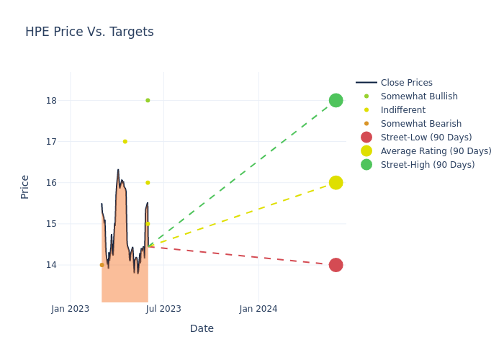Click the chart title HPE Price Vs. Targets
point(89,32)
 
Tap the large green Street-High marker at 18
point(336,100)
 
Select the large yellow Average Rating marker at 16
point(336,183)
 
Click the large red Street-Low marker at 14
point(336,265)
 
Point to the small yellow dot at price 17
point(125,141)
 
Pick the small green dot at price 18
point(148,100)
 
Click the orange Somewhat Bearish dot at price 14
point(102,265)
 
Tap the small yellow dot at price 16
point(148,183)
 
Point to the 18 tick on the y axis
point(52,100)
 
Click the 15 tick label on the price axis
point(52,224)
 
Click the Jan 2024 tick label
point(258,309)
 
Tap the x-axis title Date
point(202,328)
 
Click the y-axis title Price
point(25,186)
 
